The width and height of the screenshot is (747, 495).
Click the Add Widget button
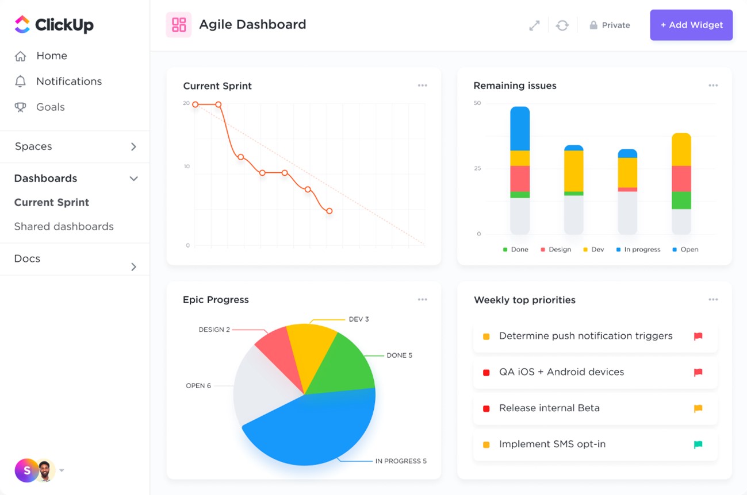click(x=691, y=25)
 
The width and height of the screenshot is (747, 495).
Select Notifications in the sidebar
click(x=68, y=82)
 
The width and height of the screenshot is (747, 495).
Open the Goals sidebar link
click(x=50, y=107)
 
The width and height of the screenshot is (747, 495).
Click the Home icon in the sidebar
click(x=21, y=56)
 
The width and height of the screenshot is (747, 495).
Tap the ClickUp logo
click(x=53, y=25)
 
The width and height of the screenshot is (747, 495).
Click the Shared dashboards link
click(x=64, y=227)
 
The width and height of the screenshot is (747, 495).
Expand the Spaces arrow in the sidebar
click(x=133, y=147)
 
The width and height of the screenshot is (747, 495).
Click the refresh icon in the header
click(x=562, y=25)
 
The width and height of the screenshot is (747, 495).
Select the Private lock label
click(x=610, y=25)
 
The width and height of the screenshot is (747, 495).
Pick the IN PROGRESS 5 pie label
click(x=401, y=461)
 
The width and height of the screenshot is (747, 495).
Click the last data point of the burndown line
click(x=329, y=211)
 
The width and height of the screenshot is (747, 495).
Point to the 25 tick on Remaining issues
click(x=477, y=169)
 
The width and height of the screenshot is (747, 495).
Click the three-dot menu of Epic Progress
click(x=422, y=300)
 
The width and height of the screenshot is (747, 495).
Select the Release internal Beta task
click(x=549, y=408)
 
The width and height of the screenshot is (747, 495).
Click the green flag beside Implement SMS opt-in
click(x=698, y=444)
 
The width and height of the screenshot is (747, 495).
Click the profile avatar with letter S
click(x=26, y=470)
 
